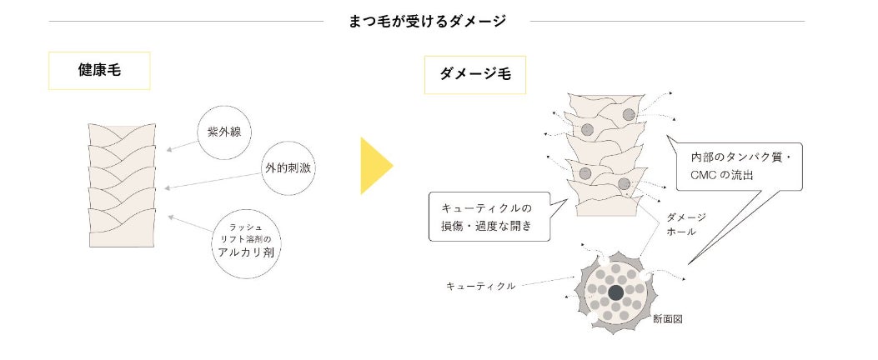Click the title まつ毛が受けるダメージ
point(427,22)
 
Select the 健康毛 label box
point(99,71)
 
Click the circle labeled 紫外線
point(224,131)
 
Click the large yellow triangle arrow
point(374,166)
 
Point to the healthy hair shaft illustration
point(123,185)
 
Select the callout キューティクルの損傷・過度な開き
point(490,217)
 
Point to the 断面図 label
point(666,318)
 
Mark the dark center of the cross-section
point(616,292)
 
